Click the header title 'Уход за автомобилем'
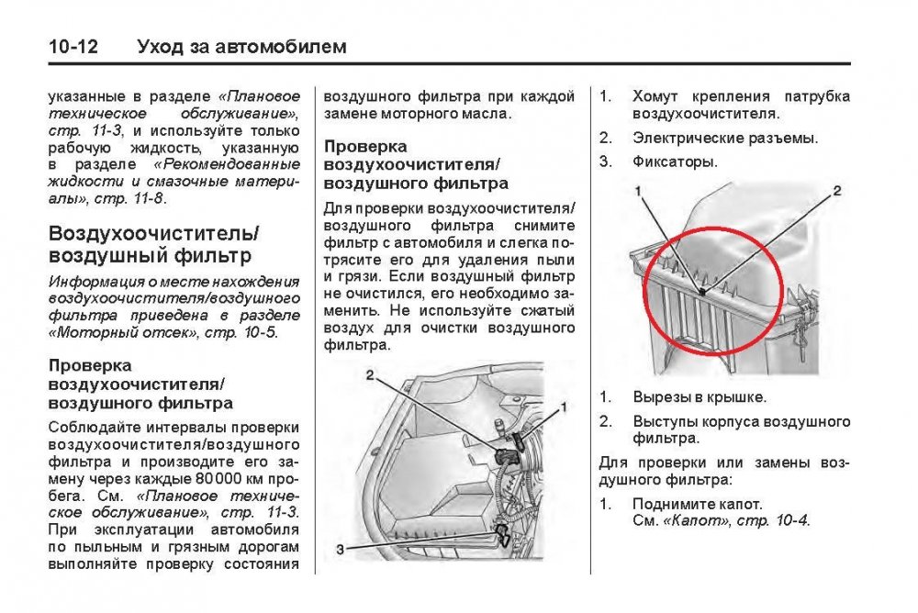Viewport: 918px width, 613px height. (x=241, y=46)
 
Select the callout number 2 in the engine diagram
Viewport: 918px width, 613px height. (x=368, y=375)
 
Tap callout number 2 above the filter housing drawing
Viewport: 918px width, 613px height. (x=836, y=191)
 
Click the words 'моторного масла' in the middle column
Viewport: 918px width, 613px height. (x=447, y=114)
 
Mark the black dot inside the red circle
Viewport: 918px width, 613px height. (x=700, y=292)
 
